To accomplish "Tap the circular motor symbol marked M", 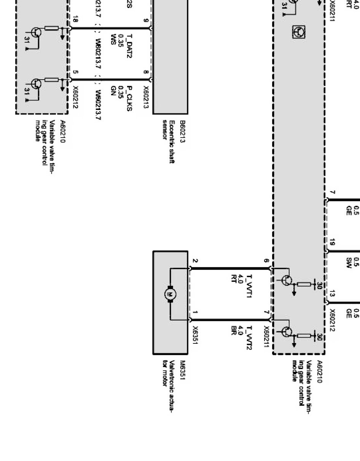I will tap(169, 294).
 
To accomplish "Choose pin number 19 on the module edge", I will tap(332, 242).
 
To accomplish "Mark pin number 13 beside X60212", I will tap(332, 294).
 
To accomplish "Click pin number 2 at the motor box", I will tap(195, 261).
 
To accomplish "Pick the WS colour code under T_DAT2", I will tap(113, 37).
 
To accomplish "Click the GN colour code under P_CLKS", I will tap(113, 90).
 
